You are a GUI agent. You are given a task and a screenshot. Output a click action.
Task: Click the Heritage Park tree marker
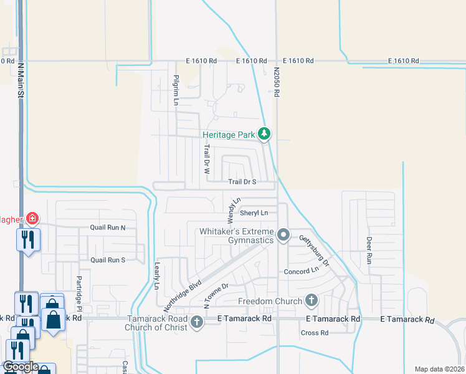tap(265, 133)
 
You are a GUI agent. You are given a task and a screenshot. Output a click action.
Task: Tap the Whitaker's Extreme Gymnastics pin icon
tap(284, 235)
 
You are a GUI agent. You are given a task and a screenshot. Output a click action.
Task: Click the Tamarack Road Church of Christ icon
tap(197, 322)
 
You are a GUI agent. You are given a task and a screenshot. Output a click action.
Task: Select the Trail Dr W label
tap(206, 159)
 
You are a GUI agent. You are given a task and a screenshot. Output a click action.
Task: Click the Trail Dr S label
tap(242, 182)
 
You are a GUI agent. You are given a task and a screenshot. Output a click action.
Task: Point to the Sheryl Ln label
tap(254, 213)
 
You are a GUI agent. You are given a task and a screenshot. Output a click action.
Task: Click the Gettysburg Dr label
tap(313, 247)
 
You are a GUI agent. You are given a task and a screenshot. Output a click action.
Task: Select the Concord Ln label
tap(301, 271)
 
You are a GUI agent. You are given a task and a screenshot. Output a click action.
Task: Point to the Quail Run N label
tap(108, 228)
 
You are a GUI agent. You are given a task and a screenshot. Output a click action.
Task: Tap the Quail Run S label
tap(108, 260)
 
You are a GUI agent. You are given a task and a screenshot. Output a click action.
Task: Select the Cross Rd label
tap(314, 333)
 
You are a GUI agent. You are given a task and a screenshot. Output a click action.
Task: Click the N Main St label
tap(21, 80)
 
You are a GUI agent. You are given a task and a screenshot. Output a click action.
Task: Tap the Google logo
tap(20, 367)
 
